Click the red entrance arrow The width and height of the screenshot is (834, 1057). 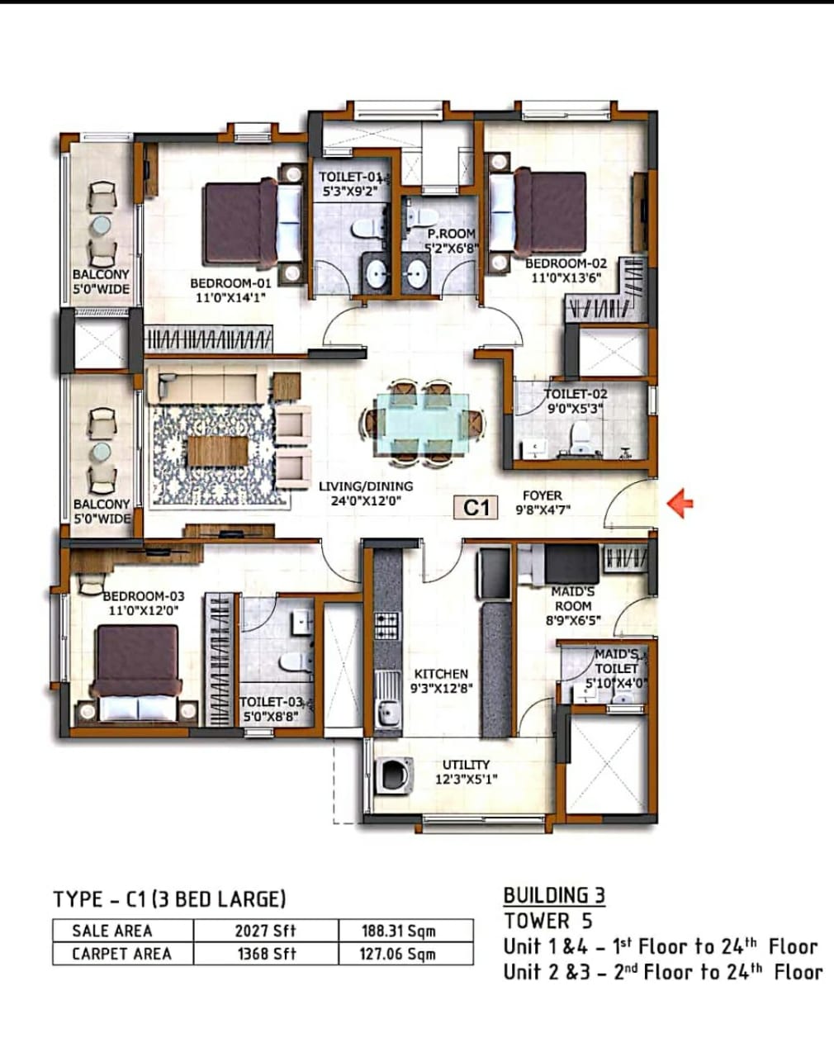point(680,503)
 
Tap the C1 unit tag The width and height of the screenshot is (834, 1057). point(476,507)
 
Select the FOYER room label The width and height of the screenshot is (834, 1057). point(543,495)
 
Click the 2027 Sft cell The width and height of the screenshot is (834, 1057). point(266,931)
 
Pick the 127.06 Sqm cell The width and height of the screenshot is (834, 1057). point(398,954)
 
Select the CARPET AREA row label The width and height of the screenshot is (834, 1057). point(122,954)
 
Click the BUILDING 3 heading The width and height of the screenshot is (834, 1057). point(555,895)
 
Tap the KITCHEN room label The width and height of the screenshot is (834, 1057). point(441,673)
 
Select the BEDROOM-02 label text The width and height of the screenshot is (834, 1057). point(566,263)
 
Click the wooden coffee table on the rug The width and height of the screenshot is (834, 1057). point(218,452)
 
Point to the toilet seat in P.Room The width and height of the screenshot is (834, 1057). point(421,216)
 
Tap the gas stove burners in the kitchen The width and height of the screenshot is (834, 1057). point(388,626)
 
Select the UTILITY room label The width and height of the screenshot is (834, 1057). point(466,765)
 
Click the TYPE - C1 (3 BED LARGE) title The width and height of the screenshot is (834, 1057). point(169,898)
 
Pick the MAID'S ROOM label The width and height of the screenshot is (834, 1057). point(573,598)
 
